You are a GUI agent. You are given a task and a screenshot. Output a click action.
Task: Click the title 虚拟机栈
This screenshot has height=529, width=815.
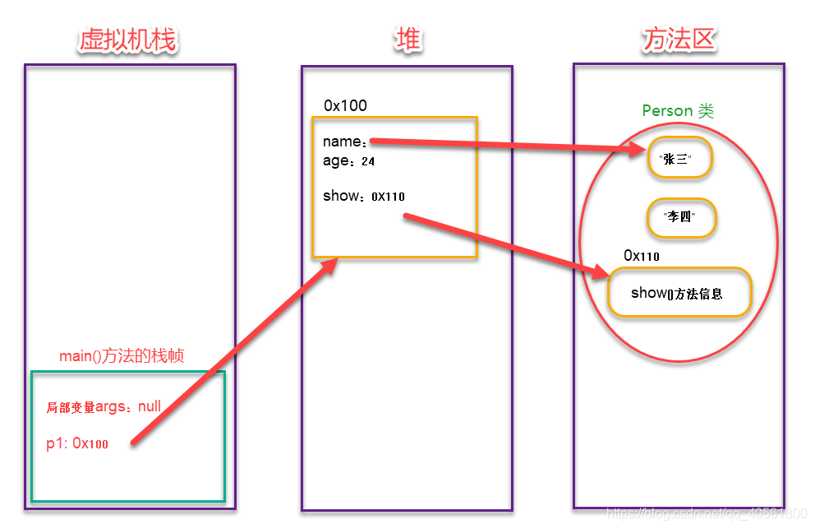pos(128,39)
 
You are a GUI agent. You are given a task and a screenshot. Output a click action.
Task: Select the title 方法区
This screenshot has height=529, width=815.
pos(679,39)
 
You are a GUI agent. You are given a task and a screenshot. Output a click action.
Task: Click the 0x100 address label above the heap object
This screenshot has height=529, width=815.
pos(345,105)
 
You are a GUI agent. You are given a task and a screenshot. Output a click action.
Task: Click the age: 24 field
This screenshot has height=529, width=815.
pos(348,161)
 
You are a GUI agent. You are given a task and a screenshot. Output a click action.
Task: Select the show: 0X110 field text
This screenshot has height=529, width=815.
pos(363,196)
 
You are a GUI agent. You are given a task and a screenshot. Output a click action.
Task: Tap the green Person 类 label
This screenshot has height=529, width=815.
pos(678,111)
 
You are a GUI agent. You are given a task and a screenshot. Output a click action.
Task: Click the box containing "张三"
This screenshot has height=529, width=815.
pos(679,160)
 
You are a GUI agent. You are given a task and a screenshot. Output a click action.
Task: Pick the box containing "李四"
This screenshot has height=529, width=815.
pos(682,218)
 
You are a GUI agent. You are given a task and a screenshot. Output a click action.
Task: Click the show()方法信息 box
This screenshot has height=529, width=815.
pos(679,293)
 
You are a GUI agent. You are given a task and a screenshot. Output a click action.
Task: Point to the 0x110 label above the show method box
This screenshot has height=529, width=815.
pos(641,256)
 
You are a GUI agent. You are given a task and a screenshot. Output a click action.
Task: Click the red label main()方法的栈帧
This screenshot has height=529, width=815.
pos(122,356)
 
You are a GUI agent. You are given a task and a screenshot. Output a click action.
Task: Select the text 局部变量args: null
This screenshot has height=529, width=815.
pos(104,406)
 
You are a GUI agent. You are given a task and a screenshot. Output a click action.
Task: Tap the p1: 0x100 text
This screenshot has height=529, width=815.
pos(77,443)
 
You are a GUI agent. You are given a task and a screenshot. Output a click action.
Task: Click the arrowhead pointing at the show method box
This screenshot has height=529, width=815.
pos(600,273)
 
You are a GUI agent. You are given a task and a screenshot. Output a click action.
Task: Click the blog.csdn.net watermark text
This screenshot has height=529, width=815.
pos(707,513)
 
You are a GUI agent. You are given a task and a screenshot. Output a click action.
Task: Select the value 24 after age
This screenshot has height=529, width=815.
pos(368,162)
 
